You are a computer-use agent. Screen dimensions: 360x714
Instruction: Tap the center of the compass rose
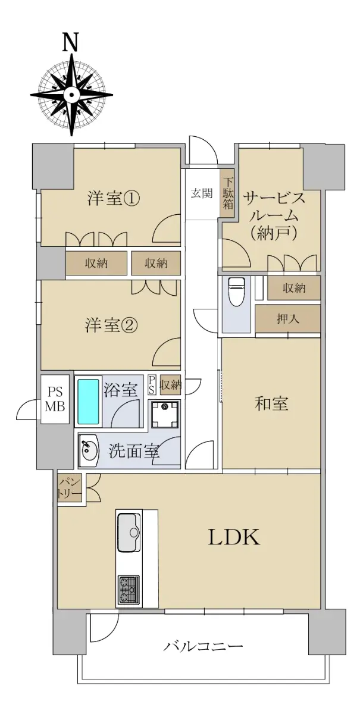click(71, 94)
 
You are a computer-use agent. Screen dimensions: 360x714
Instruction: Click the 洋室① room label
click(113, 199)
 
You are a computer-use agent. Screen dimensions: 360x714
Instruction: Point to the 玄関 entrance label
click(202, 193)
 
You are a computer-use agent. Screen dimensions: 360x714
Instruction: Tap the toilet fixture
click(236, 291)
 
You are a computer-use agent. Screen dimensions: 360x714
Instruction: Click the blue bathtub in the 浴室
click(88, 401)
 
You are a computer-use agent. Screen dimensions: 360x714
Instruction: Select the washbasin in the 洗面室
click(87, 450)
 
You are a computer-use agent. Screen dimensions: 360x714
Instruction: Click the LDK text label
click(234, 537)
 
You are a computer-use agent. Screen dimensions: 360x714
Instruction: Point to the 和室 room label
click(271, 403)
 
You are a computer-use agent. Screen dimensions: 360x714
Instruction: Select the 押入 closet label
click(287, 318)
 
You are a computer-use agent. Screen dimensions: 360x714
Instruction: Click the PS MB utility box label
click(55, 399)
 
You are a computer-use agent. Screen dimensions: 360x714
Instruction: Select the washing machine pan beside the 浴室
click(165, 414)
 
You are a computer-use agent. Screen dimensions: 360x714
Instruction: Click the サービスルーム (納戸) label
click(274, 216)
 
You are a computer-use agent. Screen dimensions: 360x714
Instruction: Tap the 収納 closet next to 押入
click(294, 288)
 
